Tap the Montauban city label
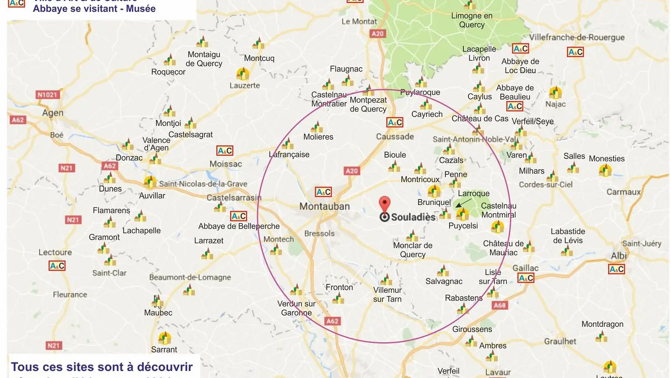pyautogui.click(x=324, y=206)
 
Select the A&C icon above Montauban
pyautogui.click(x=323, y=192)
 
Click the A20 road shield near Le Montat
pyautogui.click(x=377, y=34)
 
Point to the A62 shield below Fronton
pyautogui.click(x=332, y=321)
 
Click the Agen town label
pyautogui.click(x=53, y=113)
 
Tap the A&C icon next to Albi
pyautogui.click(x=616, y=269)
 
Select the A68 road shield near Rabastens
pyautogui.click(x=499, y=305)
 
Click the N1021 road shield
pyautogui.click(x=47, y=94)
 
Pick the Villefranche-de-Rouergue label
pyautogui.click(x=577, y=37)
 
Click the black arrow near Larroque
pyautogui.click(x=463, y=203)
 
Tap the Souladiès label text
pyautogui.click(x=414, y=217)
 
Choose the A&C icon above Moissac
pyautogui.click(x=225, y=151)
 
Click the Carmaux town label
pyautogui.click(x=624, y=192)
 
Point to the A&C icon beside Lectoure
pyautogui.click(x=57, y=266)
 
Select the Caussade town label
pyautogui.click(x=395, y=136)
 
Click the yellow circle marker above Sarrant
pyautogui.click(x=164, y=338)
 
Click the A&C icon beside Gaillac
pyautogui.click(x=526, y=278)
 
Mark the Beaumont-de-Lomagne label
pyautogui.click(x=190, y=277)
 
